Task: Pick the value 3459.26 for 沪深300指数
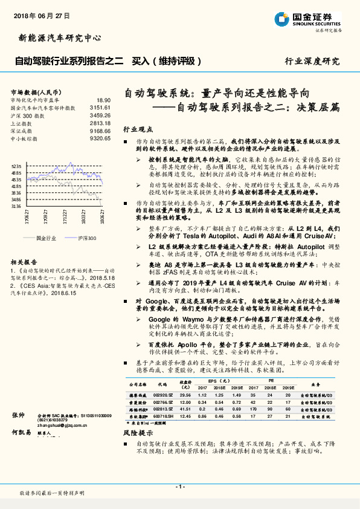coord(100,115)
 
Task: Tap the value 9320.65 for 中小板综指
coord(100,138)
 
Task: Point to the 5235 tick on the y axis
coord(16,166)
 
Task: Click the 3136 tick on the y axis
coord(16,206)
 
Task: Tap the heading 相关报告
coord(25,261)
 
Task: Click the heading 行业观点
coord(138,129)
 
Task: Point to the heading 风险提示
coord(138,433)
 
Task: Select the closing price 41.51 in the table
coord(185,409)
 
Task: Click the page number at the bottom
coord(179,486)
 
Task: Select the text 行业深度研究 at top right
coord(312,62)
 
